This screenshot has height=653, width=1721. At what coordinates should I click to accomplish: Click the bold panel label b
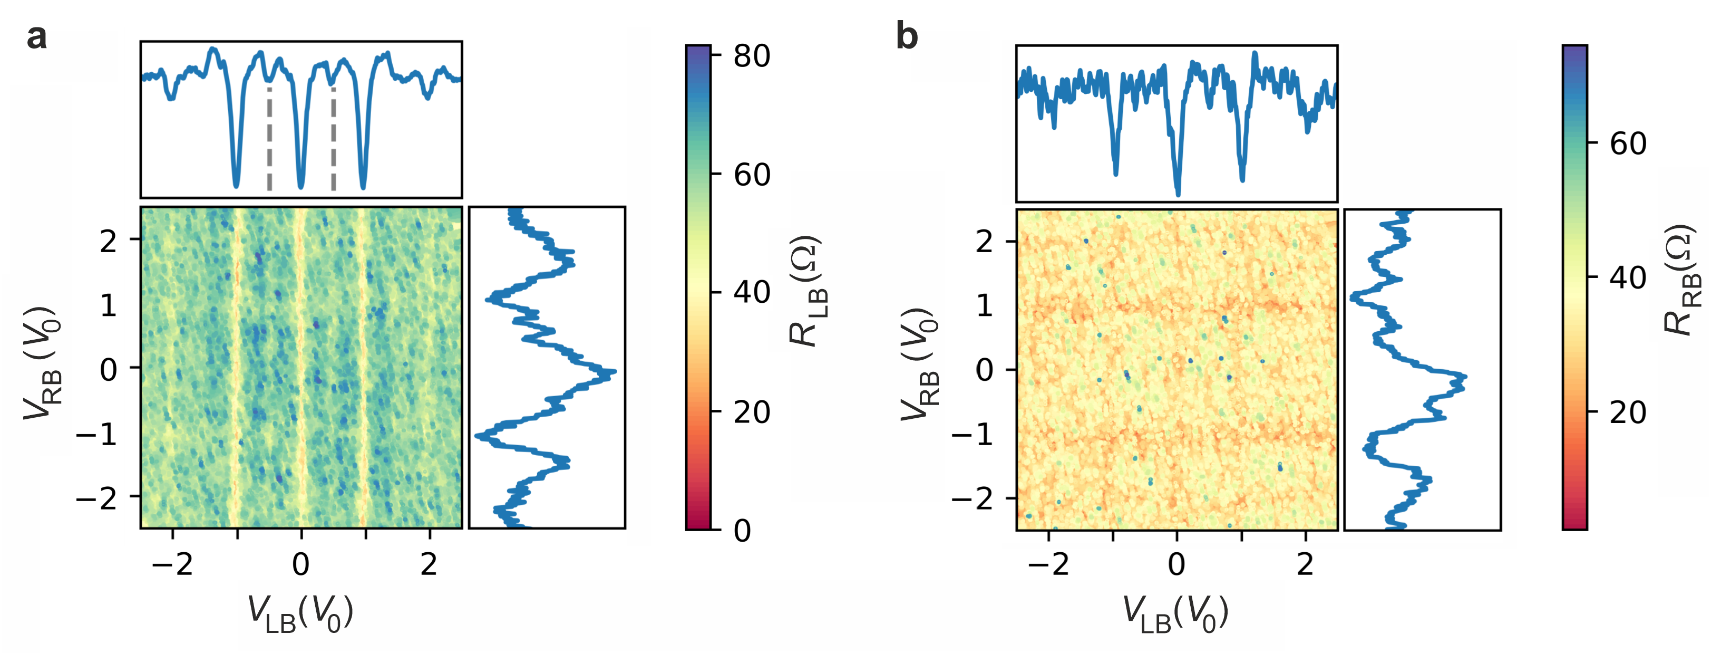point(907,37)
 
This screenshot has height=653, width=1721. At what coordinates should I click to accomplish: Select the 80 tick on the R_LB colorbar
point(752,56)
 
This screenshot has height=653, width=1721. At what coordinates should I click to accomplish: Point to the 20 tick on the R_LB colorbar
point(752,412)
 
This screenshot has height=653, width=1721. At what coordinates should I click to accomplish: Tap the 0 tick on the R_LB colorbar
point(742,531)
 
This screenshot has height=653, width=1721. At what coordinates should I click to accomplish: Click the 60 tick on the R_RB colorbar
point(1628,143)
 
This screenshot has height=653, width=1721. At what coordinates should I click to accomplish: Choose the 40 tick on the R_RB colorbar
point(1628,277)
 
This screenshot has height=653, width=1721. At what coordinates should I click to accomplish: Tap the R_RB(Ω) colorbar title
point(1681,281)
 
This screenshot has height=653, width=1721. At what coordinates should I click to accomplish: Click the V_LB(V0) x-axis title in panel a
point(300,613)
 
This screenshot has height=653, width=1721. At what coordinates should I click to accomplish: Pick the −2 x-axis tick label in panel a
point(172,565)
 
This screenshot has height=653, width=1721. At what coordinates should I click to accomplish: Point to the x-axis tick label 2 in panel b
point(1305,565)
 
